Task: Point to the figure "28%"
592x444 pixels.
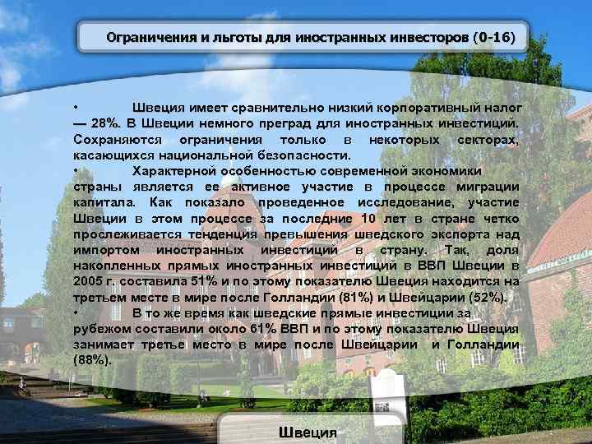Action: (104, 123)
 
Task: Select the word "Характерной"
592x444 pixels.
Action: (174, 171)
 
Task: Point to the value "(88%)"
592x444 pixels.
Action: (92, 359)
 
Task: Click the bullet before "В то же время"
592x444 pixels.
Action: (76, 312)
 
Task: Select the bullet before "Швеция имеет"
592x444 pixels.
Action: (76, 108)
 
